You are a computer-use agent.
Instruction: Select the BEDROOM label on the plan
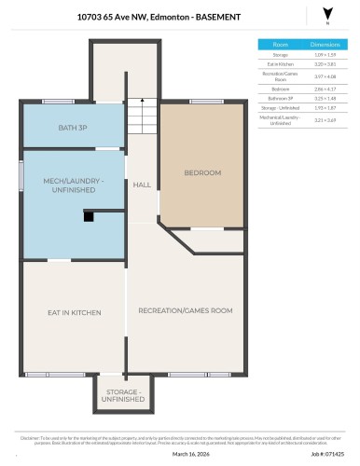click(x=202, y=172)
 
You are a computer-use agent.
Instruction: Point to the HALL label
click(x=142, y=185)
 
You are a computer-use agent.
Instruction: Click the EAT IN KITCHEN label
click(x=74, y=312)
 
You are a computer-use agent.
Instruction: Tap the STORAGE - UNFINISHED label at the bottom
click(x=123, y=395)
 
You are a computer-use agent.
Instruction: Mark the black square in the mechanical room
click(x=89, y=216)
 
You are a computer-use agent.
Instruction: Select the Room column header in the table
click(x=280, y=44)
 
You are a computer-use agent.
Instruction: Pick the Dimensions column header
click(x=325, y=44)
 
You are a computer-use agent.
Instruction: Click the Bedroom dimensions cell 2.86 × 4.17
click(x=325, y=89)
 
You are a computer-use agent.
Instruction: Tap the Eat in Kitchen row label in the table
click(x=280, y=63)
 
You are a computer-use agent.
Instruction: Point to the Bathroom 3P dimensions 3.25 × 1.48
click(x=325, y=98)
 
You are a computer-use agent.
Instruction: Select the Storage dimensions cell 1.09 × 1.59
click(x=325, y=55)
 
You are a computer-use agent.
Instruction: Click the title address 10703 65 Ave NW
click(x=116, y=16)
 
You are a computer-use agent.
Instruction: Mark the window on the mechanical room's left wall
click(x=21, y=176)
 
